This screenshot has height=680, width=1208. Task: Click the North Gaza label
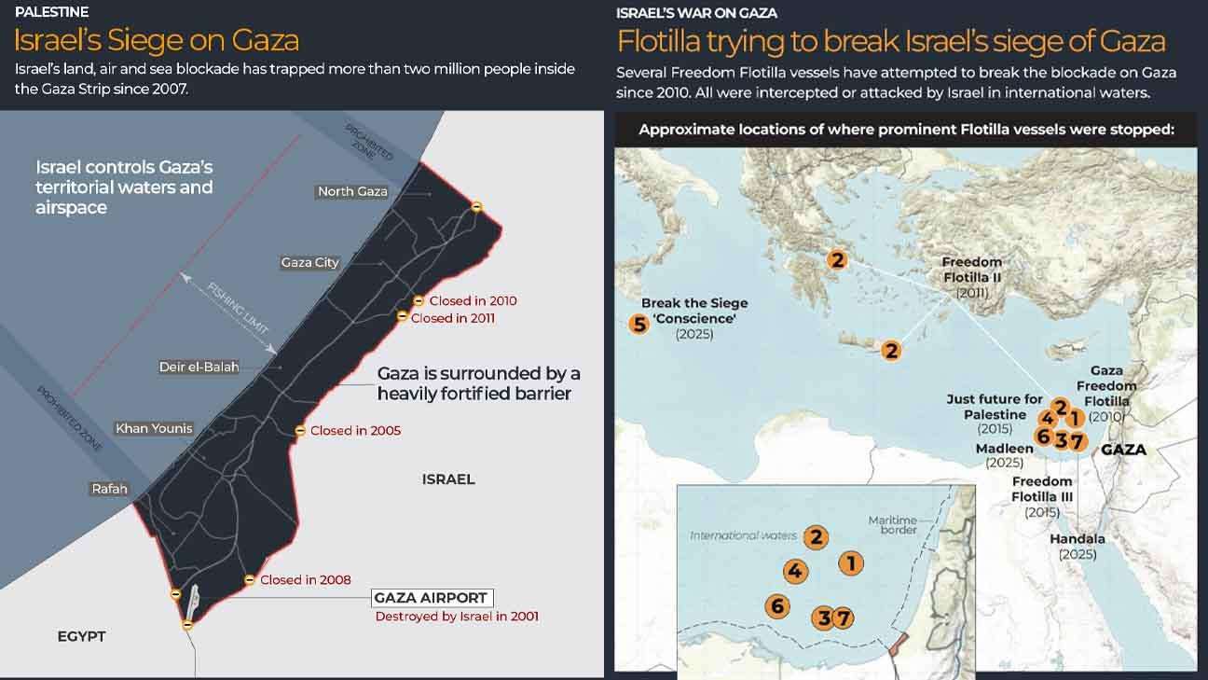coord(352,191)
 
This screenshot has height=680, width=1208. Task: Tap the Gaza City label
coord(310,263)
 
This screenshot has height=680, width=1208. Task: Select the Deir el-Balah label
coord(199,367)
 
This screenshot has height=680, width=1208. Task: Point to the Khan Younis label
coord(154,429)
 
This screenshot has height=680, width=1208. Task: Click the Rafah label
coord(109,489)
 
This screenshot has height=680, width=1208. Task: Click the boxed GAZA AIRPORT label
coord(431,598)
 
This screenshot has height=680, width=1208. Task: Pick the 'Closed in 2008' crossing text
coord(305,580)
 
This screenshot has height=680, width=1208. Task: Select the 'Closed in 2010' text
coord(473,301)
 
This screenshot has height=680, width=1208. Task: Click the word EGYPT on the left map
coord(81,636)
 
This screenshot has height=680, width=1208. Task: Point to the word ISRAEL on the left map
coord(448,479)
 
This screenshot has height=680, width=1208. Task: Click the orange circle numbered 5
coord(638,325)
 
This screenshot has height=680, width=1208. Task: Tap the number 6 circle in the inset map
coord(776,606)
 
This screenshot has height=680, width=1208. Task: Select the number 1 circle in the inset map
coord(850,562)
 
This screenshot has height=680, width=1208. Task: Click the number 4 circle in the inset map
coord(795,572)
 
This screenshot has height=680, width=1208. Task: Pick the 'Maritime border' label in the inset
coord(892,525)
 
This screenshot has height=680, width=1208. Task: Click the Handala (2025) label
coord(1077,547)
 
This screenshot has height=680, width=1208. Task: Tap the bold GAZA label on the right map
coord(1123,450)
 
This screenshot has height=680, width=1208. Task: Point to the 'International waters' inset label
coord(743,535)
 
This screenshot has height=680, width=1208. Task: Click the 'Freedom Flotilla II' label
coord(971,277)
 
